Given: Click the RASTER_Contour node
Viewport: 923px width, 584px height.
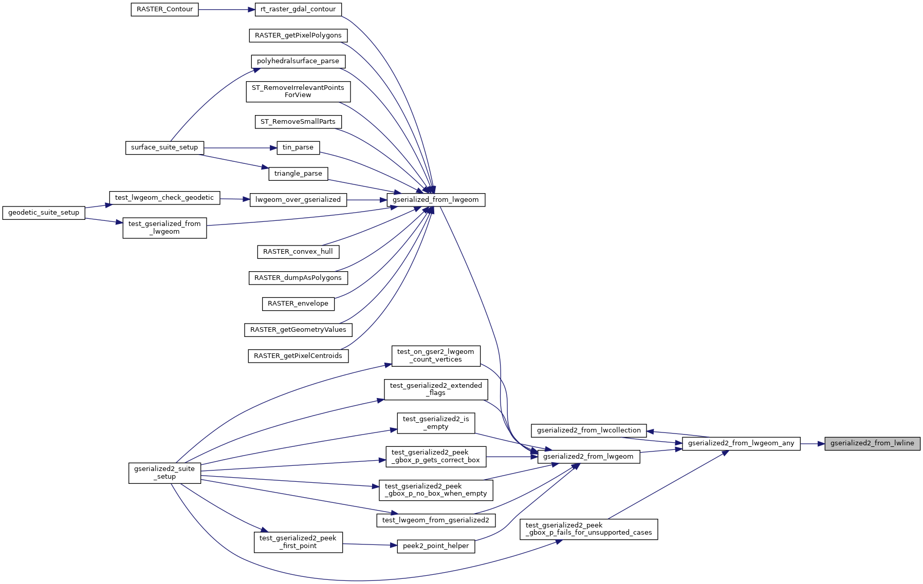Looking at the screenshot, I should click(164, 10).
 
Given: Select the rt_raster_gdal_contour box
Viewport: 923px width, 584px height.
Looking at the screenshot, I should click(298, 9).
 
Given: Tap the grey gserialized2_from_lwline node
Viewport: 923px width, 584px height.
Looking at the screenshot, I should click(872, 443).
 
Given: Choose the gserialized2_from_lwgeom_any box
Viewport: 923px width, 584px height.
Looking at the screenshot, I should click(741, 443).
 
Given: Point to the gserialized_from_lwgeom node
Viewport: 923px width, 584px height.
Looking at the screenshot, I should click(435, 200).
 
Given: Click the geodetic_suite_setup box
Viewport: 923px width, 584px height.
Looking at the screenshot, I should click(44, 213).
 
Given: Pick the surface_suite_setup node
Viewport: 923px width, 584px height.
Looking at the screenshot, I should click(164, 148).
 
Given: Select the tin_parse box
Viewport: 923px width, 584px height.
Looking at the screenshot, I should click(298, 148).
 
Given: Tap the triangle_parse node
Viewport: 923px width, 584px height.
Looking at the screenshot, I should click(298, 174).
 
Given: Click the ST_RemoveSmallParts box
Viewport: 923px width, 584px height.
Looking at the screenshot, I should click(298, 122).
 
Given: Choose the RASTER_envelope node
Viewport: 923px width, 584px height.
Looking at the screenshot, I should click(298, 304).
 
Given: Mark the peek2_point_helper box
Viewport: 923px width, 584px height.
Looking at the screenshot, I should click(436, 546).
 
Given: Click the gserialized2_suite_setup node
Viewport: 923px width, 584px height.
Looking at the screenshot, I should click(164, 473).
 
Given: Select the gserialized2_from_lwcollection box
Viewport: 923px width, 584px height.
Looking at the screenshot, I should click(588, 430).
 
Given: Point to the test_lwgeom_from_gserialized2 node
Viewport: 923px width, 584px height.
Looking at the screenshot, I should click(436, 520).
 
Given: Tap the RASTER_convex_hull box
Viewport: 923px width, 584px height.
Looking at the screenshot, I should click(298, 252).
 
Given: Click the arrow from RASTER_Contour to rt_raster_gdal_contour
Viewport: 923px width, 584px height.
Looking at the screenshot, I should click(227, 10).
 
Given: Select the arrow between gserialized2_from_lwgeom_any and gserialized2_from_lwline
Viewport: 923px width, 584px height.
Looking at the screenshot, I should click(813, 443).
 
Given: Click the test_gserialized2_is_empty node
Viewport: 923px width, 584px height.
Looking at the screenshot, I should click(436, 423).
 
